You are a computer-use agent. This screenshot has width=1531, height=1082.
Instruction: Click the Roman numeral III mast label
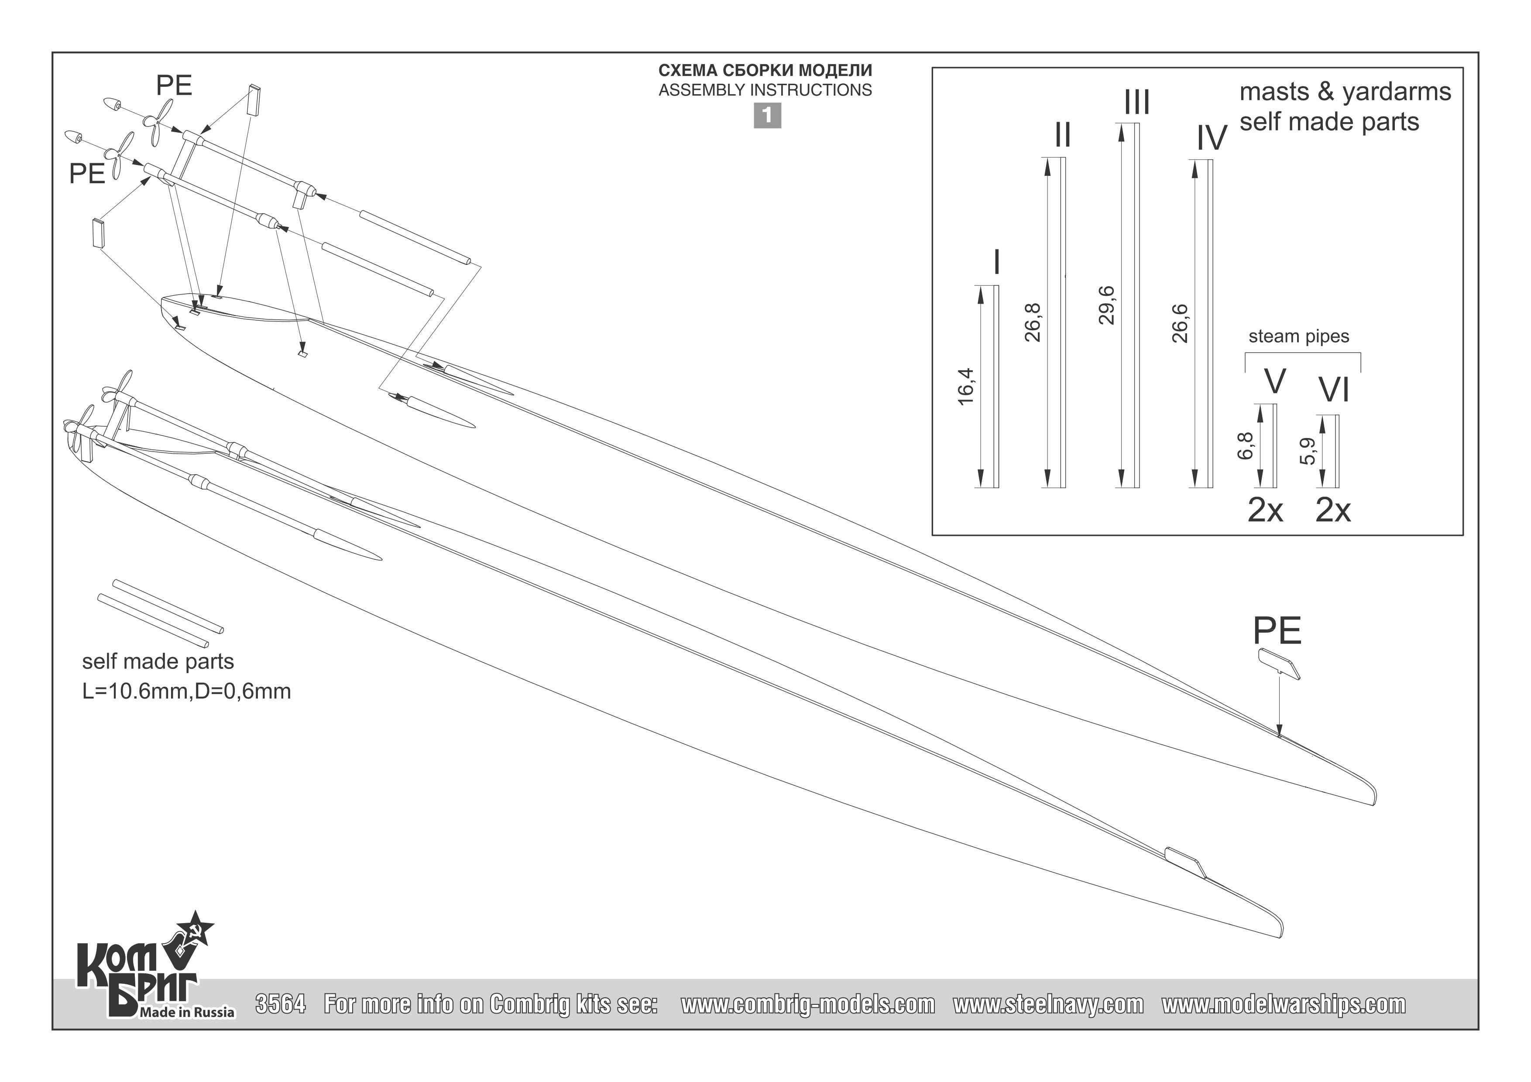[x=1137, y=103]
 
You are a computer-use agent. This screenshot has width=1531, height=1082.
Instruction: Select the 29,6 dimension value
[x=1107, y=305]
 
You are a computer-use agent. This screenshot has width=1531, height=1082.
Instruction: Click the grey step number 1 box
[x=767, y=116]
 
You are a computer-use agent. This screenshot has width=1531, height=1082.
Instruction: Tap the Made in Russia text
[x=187, y=1013]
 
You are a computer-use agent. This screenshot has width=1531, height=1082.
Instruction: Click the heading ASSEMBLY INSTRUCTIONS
[x=765, y=90]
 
